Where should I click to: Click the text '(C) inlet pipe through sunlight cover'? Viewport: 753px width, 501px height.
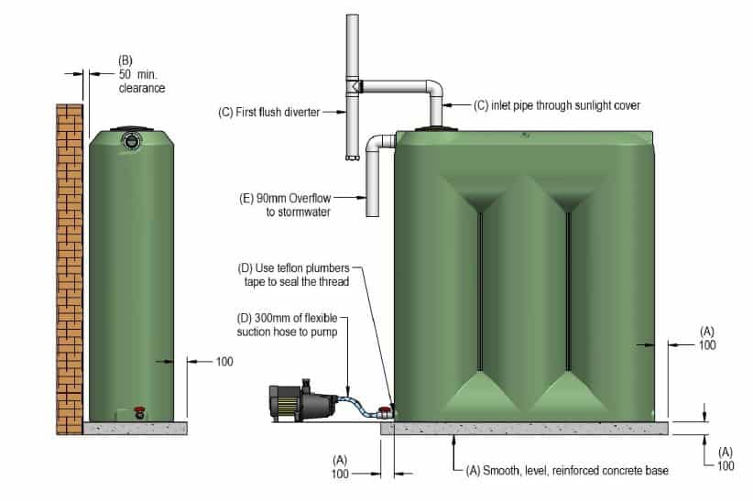[x=556, y=105]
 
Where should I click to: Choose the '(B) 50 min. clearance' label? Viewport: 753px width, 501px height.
[x=143, y=76]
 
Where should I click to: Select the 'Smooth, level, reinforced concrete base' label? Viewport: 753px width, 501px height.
[x=567, y=470]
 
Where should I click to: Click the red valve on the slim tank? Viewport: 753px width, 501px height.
[x=139, y=411]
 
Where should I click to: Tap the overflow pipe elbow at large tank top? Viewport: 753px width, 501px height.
[x=378, y=146]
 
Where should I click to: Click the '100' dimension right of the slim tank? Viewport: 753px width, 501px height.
[x=224, y=362]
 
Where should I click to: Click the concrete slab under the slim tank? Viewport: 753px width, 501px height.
[x=135, y=428]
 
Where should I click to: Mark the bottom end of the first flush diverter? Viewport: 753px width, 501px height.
[x=351, y=158]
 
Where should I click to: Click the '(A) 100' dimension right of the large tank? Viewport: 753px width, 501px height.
[x=706, y=338]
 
